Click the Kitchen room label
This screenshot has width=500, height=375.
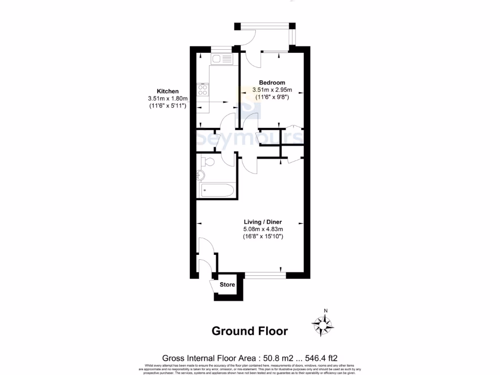[x=167, y=91]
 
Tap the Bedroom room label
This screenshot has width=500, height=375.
[x=272, y=83]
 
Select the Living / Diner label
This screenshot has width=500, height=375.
[x=263, y=222]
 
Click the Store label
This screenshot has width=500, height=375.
[x=227, y=285]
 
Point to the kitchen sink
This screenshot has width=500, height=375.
[x=222, y=59]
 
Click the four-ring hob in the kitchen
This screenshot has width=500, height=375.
[x=203, y=90]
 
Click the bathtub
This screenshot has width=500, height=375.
[x=217, y=190]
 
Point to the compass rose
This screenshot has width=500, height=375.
[x=323, y=324]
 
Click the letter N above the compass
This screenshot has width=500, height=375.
[x=326, y=311]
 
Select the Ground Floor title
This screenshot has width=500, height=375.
[x=250, y=331]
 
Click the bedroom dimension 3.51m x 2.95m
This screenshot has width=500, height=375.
[x=272, y=90]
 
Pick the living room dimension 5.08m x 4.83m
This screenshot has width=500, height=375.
[x=263, y=229]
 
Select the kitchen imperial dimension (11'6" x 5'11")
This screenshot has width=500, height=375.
[x=167, y=106]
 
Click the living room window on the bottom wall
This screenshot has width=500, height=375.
[x=265, y=275]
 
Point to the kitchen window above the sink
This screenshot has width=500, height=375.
[x=221, y=48]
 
